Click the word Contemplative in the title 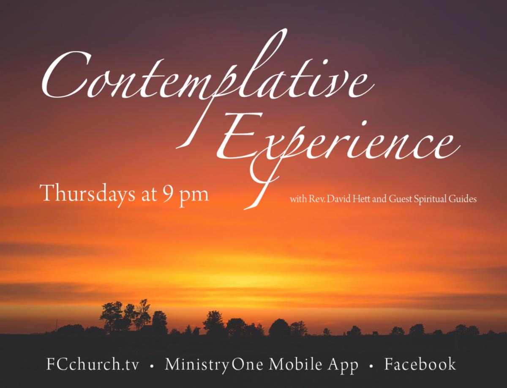(208, 76)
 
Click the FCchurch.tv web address (93, 364)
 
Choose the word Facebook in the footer (420, 364)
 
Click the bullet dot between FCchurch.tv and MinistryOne (152, 366)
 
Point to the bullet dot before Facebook (371, 366)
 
